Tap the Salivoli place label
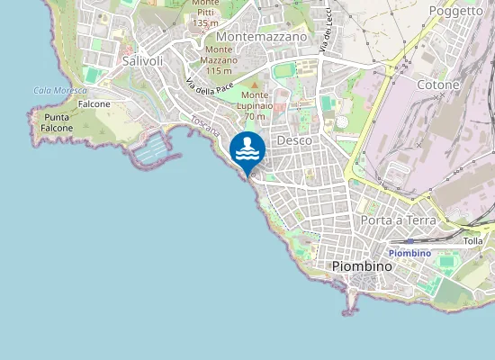pyautogui.click(x=141, y=60)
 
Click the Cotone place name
pyautogui.click(x=438, y=85)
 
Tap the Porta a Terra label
pyautogui.click(x=397, y=220)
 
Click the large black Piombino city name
pyautogui.click(x=362, y=266)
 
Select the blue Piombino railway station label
pyautogui.click(x=409, y=253)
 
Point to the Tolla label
pyautogui.click(x=472, y=241)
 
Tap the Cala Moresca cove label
pyautogui.click(x=59, y=91)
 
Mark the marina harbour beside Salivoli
pyautogui.click(x=150, y=148)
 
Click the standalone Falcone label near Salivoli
pyautogui.click(x=94, y=104)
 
